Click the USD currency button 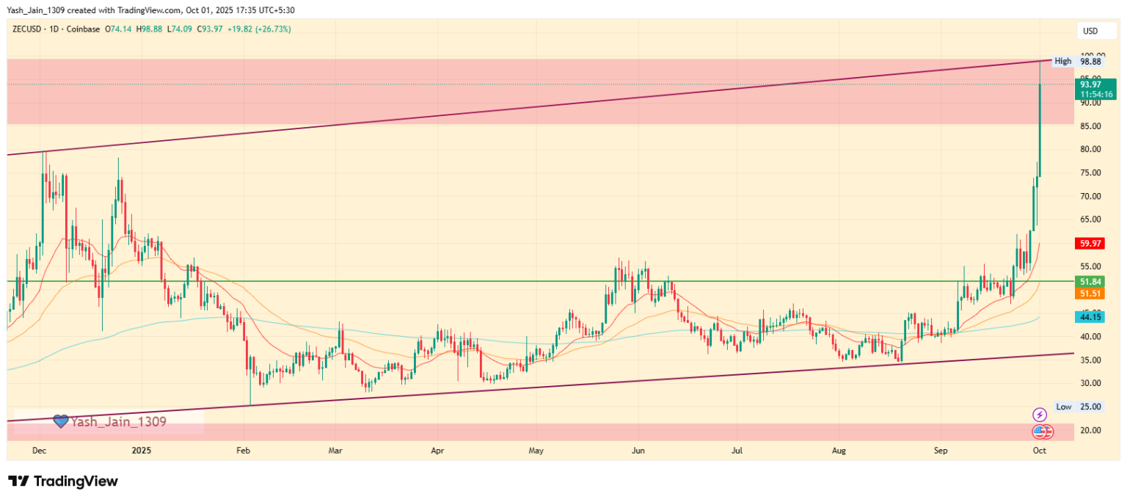tap(1090, 31)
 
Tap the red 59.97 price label tap(1090, 243)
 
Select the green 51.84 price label tap(1090, 282)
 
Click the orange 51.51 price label tap(1090, 294)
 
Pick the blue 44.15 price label tap(1090, 317)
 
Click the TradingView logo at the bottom tap(63, 481)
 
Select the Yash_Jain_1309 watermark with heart tap(109, 421)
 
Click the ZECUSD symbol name tap(26, 29)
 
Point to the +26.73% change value tap(274, 29)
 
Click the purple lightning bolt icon tap(1039, 415)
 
